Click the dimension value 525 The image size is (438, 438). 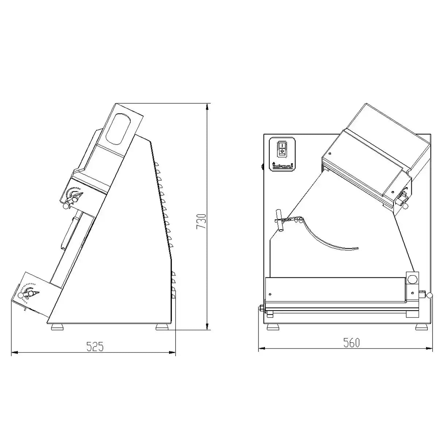tap(95, 346)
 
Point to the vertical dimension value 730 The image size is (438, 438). tap(202, 221)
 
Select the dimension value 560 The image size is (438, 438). tap(351, 343)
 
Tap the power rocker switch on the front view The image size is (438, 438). tap(282, 147)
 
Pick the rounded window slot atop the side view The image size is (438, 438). tap(117, 129)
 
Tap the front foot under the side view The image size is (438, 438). tap(58, 327)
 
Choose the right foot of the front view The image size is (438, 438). tap(421, 327)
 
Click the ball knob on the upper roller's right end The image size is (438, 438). tap(406, 207)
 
